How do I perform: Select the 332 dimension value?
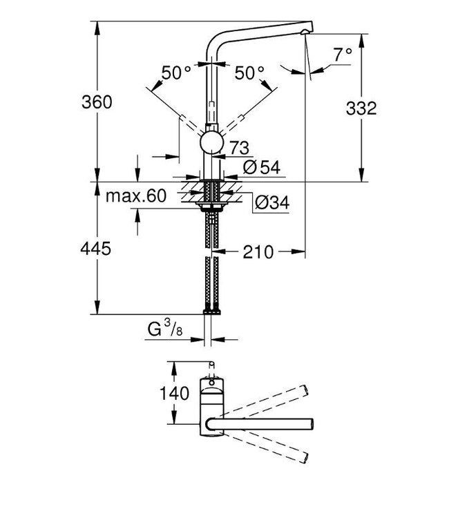(361, 108)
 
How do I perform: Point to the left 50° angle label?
(176, 72)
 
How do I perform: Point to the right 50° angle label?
(249, 72)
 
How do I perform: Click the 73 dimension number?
(239, 146)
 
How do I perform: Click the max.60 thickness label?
(136, 195)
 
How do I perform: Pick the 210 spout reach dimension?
(258, 251)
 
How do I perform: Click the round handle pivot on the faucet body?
(211, 144)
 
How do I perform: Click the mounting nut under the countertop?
(211, 205)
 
